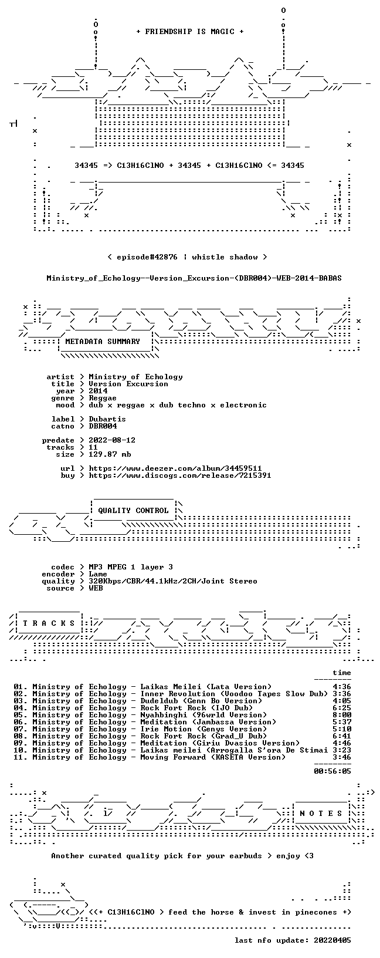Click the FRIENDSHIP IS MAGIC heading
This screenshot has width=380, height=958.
(x=190, y=32)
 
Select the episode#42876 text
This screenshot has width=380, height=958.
(x=147, y=257)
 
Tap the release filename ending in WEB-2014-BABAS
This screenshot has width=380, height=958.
(x=194, y=278)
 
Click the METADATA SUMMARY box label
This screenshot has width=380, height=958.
(x=103, y=342)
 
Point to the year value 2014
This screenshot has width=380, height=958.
(x=99, y=391)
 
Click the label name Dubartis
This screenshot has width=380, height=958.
(x=107, y=419)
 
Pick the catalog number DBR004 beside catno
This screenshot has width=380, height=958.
(x=103, y=426)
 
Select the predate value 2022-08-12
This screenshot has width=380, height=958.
(x=112, y=440)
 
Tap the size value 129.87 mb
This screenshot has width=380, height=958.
(x=110, y=454)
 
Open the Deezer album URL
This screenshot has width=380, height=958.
(x=175, y=468)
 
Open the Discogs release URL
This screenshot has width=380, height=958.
(x=180, y=475)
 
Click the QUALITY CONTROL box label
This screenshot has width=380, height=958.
(x=133, y=511)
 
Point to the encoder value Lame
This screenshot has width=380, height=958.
(x=98, y=574)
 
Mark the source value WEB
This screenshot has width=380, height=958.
(x=96, y=589)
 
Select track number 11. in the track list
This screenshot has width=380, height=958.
(x=21, y=757)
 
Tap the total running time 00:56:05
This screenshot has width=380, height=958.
(x=333, y=771)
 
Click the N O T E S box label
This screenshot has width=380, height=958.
(x=321, y=814)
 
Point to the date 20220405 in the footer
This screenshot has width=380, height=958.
(x=333, y=940)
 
